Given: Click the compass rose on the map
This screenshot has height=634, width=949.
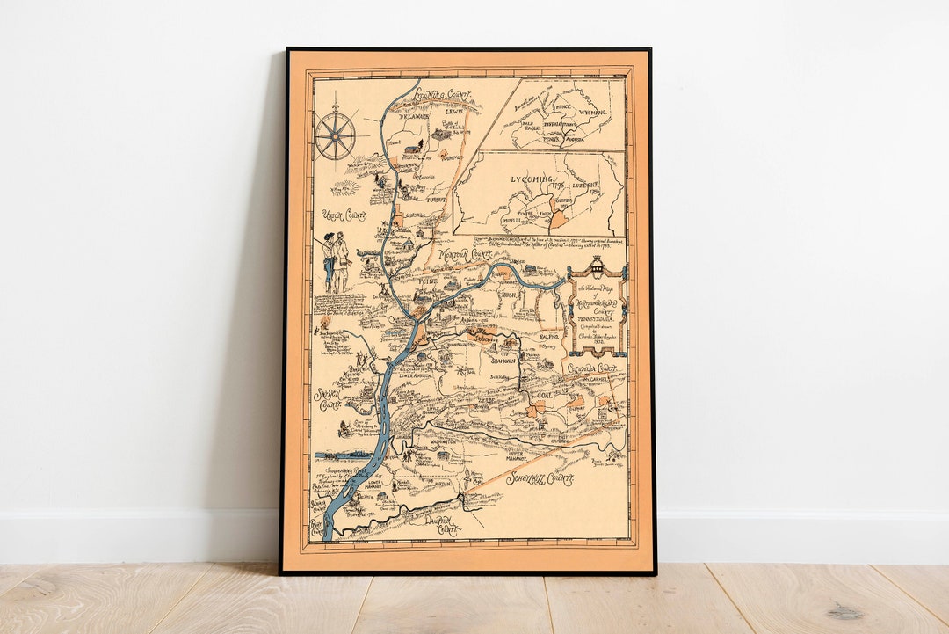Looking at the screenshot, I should (x=335, y=136).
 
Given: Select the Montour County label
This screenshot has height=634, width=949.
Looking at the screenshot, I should (x=467, y=254).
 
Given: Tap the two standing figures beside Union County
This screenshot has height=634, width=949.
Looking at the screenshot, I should (x=335, y=260).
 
